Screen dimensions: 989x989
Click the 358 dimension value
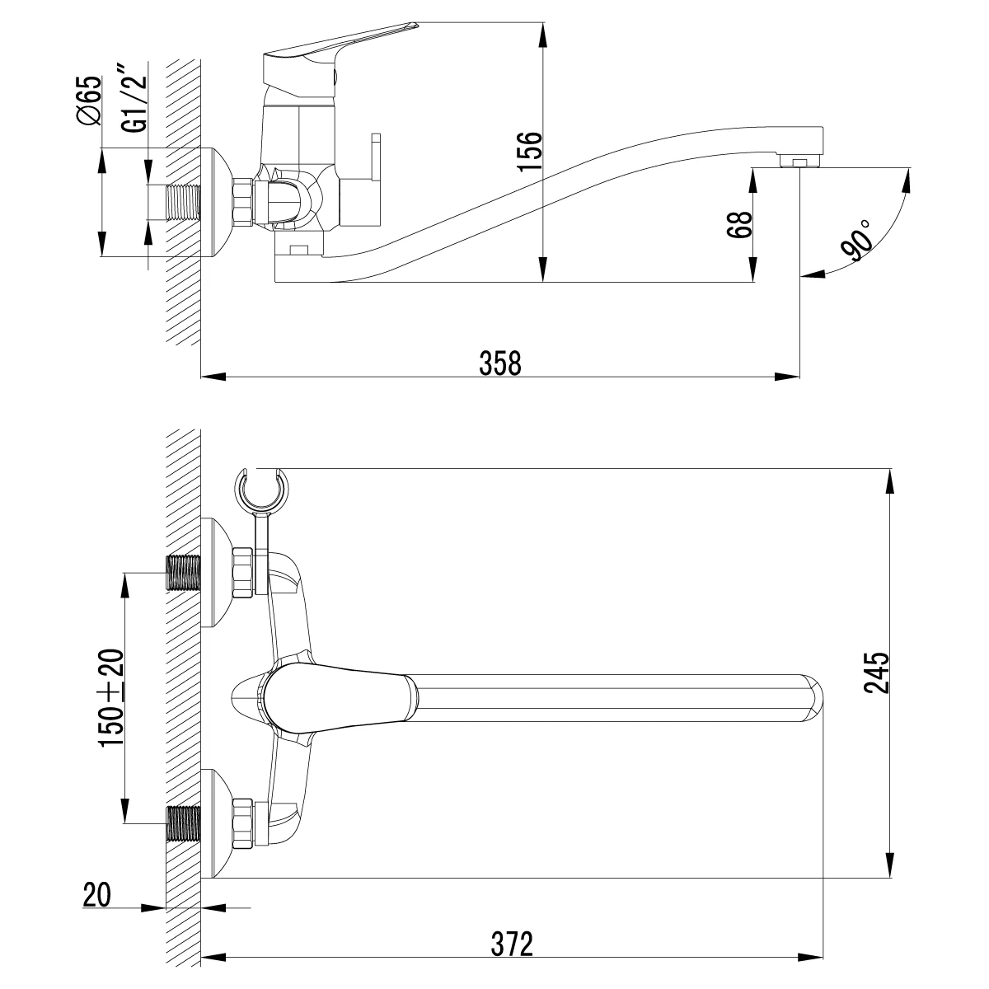point(501,363)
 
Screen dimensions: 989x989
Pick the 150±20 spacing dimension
point(112,697)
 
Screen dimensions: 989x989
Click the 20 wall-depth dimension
point(97,894)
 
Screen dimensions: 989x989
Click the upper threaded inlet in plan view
point(184,572)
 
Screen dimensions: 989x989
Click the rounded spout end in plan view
point(812,696)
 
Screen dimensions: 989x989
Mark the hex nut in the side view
point(242,202)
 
